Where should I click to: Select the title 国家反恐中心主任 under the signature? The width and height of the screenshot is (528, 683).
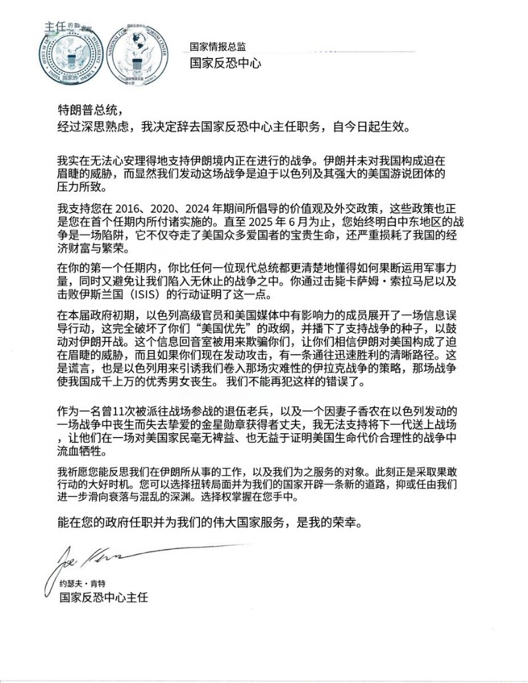coord(104,597)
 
